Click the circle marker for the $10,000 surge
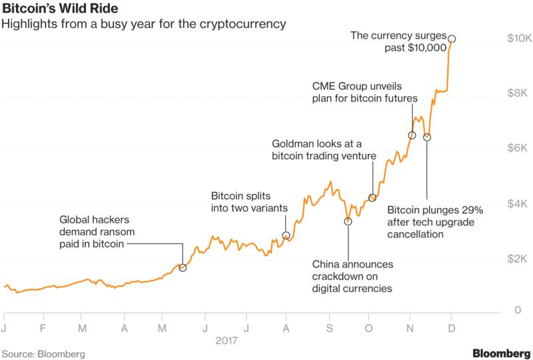452,39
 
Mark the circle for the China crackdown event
348,221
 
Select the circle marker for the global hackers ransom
183,267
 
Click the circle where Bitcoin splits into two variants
286,235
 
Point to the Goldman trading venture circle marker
372,197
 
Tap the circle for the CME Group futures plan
412,135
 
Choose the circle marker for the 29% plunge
427,137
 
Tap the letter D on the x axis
452,328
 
